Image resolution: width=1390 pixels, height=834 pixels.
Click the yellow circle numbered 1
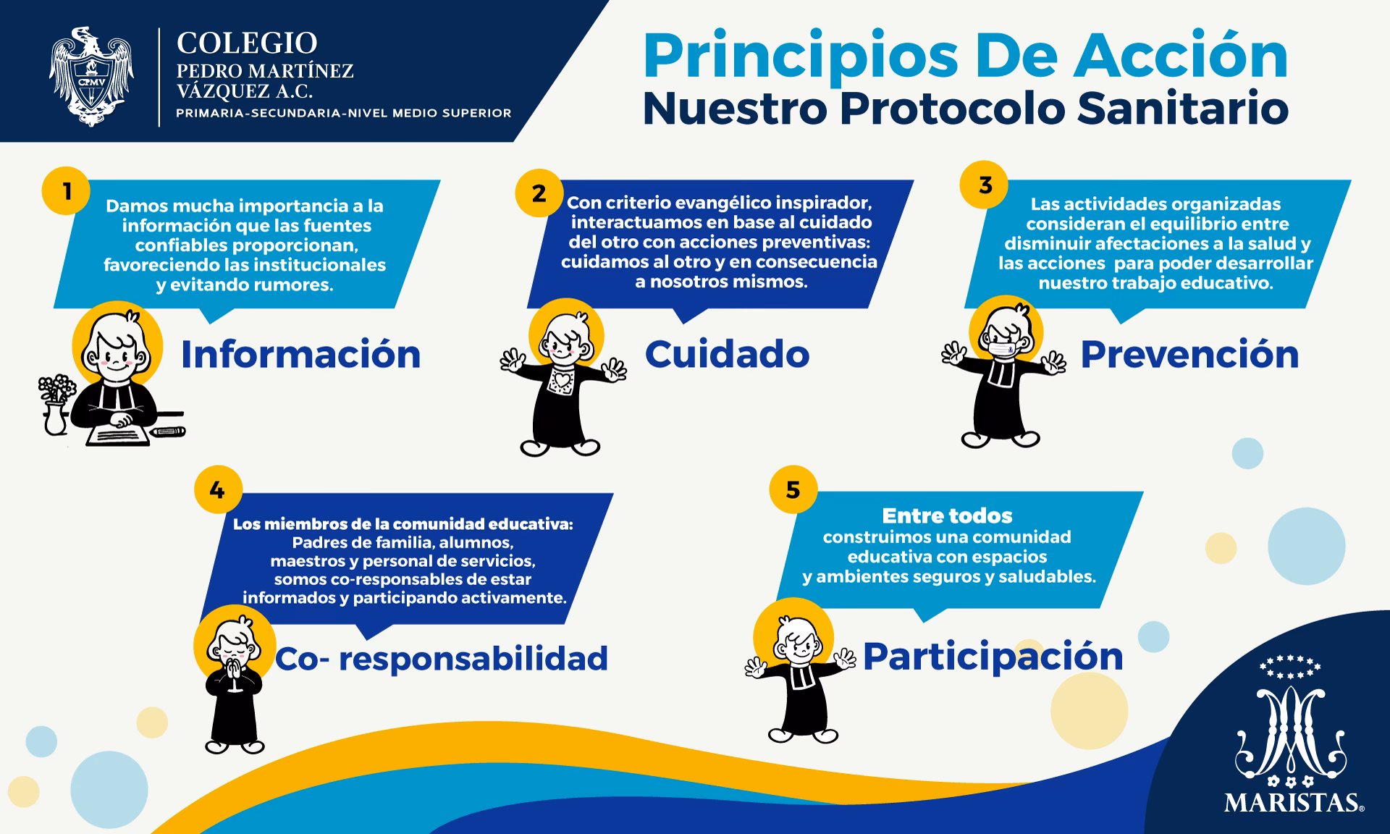[67, 191]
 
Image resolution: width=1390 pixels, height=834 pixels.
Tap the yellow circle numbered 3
[985, 185]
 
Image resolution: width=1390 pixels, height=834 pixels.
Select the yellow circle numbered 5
[793, 489]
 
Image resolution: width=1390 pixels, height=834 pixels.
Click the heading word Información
[300, 354]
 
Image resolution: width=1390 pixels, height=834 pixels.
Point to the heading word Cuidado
[727, 354]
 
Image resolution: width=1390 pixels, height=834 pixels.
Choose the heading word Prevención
[1189, 354]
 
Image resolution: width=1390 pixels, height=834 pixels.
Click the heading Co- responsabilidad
[442, 658]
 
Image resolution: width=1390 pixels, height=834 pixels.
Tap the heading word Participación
[993, 656]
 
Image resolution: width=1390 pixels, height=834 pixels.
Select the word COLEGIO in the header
[247, 43]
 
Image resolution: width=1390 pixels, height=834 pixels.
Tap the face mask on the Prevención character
[1003, 350]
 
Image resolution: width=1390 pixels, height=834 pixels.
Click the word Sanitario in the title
[1182, 109]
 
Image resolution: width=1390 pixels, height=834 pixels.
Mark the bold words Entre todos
[947, 515]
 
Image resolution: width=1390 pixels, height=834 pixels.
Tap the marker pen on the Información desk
[168, 432]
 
